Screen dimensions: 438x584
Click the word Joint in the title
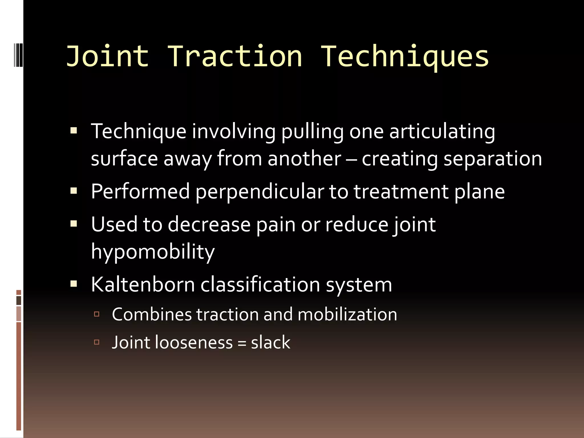(x=108, y=56)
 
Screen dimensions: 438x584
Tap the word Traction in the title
(x=234, y=56)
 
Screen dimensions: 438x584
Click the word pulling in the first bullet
(x=313, y=132)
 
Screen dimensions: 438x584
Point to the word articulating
(x=442, y=132)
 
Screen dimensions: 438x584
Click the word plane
(x=479, y=192)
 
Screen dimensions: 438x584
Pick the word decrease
(x=209, y=224)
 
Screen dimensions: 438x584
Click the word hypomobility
(x=153, y=252)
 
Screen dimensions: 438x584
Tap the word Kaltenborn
(x=143, y=285)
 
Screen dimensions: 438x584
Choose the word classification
(x=260, y=285)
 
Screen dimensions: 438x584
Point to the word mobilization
(x=347, y=315)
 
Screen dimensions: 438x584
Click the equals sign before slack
(x=242, y=343)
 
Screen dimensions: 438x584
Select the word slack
(x=271, y=342)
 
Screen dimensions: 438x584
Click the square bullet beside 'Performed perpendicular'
(x=74, y=190)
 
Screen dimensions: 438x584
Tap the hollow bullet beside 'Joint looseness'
(x=97, y=342)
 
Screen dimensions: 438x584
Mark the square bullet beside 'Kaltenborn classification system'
(x=74, y=284)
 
